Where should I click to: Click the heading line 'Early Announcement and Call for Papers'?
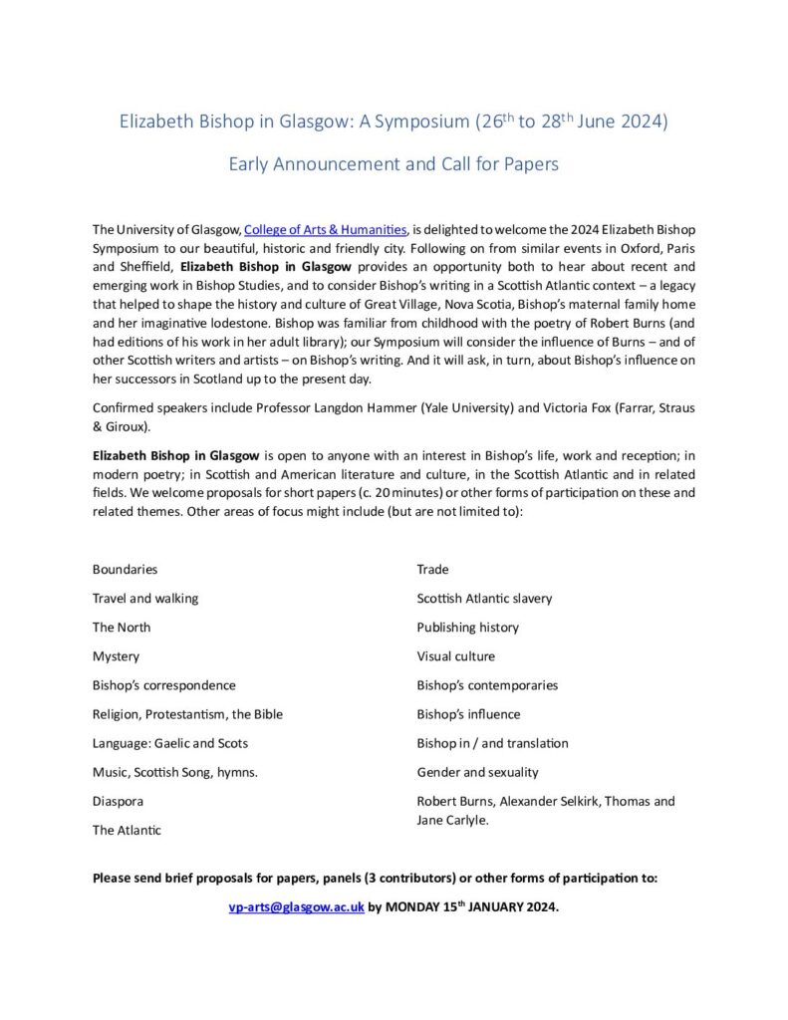click(394, 164)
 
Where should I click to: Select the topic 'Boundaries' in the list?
click(125, 570)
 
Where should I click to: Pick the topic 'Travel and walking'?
click(145, 599)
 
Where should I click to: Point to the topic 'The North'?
click(122, 628)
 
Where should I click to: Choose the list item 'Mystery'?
click(116, 656)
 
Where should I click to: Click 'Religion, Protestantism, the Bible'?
click(187, 714)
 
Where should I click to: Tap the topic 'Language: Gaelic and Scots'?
click(170, 743)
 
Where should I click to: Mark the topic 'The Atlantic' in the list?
click(127, 830)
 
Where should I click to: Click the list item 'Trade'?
click(432, 570)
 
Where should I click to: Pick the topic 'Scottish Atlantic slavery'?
click(484, 599)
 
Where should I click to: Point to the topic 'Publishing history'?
click(467, 628)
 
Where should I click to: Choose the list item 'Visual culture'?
click(455, 656)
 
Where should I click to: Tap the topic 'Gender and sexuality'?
click(477, 772)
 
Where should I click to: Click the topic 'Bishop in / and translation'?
click(492, 743)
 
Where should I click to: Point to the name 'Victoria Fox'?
click(571, 409)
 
